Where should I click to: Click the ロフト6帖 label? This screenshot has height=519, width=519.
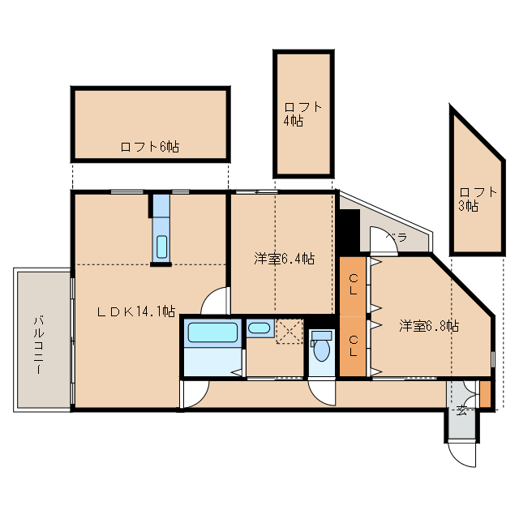[x=149, y=147]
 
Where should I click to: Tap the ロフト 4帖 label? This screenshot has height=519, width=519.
[x=302, y=114]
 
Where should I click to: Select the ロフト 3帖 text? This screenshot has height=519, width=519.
[x=478, y=199]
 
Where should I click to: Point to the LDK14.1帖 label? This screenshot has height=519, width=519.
[x=135, y=311]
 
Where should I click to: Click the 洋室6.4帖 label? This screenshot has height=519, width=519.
[x=285, y=259]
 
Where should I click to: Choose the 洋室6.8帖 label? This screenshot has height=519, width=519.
[x=429, y=326]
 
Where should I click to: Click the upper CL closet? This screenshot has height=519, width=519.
[x=353, y=286]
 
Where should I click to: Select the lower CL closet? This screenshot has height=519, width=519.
[x=353, y=346]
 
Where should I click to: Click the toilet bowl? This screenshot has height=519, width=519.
[x=321, y=350]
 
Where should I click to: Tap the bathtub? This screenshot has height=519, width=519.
[x=212, y=332]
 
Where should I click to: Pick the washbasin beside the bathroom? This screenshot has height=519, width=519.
[x=259, y=328]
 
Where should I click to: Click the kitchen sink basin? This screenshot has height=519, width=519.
[x=161, y=247]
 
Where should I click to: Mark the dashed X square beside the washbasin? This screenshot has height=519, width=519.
[x=290, y=331]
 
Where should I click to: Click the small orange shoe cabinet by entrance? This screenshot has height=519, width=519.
[x=485, y=394]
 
